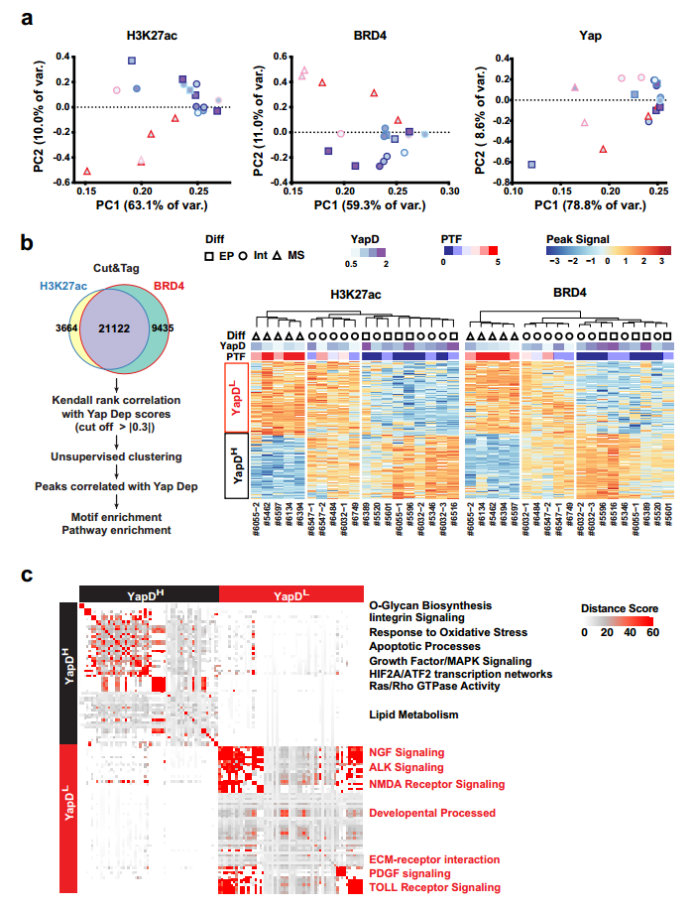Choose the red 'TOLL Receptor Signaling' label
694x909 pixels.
[x=434, y=887]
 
